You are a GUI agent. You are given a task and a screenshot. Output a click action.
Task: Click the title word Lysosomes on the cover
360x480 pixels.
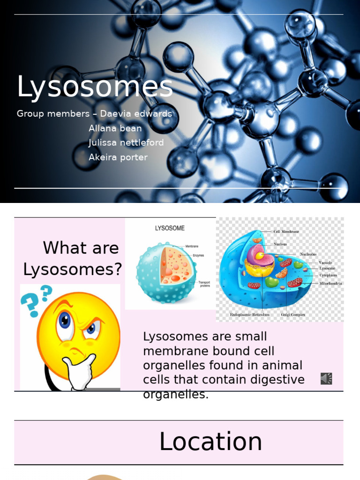pos(95,87)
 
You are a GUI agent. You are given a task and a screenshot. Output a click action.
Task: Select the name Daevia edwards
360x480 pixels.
pos(136,114)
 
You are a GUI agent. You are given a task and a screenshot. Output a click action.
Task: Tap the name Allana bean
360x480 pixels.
pos(115,128)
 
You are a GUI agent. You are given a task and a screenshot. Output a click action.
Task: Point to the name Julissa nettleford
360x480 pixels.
pos(126,142)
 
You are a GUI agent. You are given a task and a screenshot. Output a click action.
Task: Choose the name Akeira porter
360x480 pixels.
pos(118,157)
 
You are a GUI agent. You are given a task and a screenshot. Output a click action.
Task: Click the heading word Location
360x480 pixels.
pos(210,442)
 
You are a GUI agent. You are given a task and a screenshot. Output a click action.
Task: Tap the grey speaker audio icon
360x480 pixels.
pos(326,378)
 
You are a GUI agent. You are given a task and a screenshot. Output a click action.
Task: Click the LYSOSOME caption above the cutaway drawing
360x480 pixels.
pos(170,228)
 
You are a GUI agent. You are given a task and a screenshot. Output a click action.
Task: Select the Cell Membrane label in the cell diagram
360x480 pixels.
pos(286,232)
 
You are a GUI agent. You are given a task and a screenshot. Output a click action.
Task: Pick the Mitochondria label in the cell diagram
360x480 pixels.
pos(330,284)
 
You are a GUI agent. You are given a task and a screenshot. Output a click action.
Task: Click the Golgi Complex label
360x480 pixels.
pos(293,315)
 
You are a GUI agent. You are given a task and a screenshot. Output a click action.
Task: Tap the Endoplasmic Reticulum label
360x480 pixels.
pos(250,315)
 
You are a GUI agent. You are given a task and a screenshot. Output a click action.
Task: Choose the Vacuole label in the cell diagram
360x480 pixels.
pos(325,262)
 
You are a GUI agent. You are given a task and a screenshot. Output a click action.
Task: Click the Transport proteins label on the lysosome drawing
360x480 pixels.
pos(205,284)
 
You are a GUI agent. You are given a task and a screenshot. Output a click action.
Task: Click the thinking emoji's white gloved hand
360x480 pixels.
pos(80,373)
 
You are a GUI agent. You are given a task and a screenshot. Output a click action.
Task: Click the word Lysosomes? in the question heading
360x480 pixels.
pos(73,269)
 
